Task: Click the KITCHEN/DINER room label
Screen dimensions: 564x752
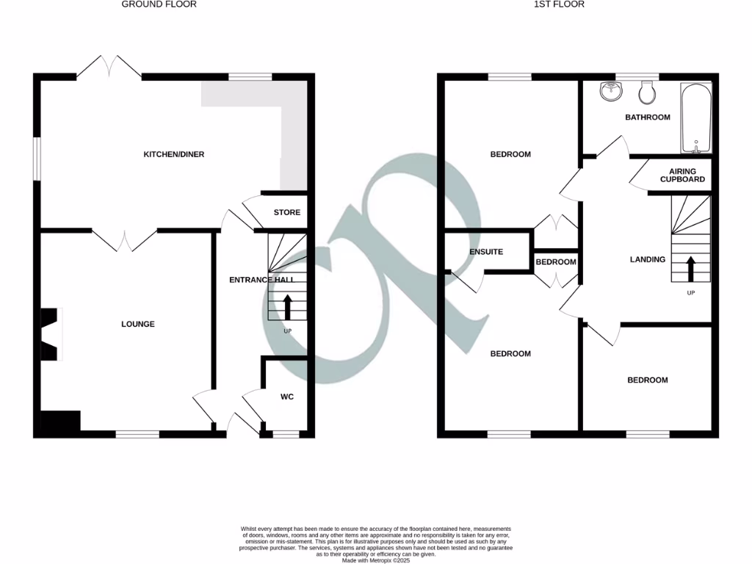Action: coord(173,154)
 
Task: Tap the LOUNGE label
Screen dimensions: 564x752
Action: coord(138,324)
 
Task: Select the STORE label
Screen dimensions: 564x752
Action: coord(286,212)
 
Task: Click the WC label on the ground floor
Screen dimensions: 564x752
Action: coord(287,397)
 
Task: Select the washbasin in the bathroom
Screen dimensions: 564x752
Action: coord(610,91)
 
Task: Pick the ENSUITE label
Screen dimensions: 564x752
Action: coord(486,252)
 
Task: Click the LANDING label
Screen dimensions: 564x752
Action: coord(648,259)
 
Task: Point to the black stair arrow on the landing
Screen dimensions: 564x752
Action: coord(690,268)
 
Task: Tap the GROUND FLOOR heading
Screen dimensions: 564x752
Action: coord(159,4)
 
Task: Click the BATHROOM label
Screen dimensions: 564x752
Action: coord(648,117)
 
